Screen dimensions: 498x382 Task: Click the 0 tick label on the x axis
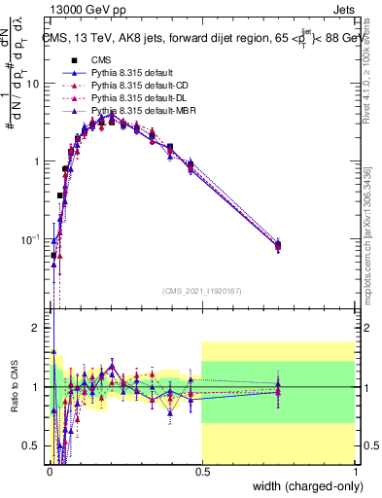(x=49, y=470)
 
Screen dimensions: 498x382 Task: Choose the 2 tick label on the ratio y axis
(x=37, y=328)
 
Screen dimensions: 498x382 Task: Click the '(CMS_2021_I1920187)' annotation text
(x=202, y=290)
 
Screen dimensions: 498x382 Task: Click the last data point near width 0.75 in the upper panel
(x=278, y=245)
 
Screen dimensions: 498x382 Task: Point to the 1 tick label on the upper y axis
(x=37, y=161)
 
